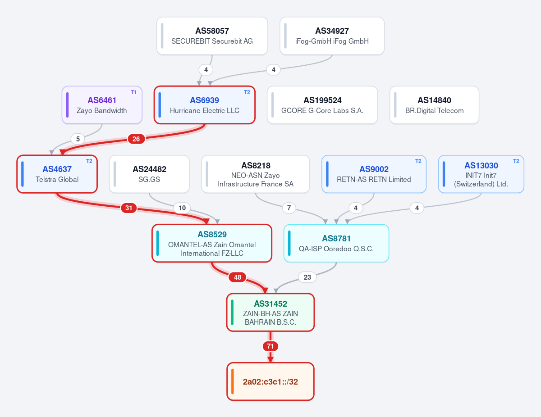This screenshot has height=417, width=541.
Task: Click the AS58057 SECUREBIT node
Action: coord(212,36)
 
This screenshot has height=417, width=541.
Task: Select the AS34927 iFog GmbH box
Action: coord(332,36)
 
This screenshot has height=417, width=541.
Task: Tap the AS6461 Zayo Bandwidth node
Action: coord(102,105)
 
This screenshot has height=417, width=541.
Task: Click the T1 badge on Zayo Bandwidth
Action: coord(134,92)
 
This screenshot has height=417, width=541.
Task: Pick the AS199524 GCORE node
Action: coord(322,105)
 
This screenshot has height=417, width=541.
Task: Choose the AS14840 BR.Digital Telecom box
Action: coord(435,105)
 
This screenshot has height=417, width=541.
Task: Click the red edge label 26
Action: coord(136,139)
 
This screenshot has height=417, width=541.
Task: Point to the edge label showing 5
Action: coord(78,139)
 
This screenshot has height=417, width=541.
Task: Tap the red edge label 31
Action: coord(129,208)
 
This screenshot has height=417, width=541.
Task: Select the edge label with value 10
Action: coord(182,208)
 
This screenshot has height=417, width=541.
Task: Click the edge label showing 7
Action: coord(289,208)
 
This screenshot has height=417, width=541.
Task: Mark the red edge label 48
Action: coord(238,277)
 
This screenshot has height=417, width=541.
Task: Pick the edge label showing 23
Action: coord(307,277)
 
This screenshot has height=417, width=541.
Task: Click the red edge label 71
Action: coord(270,346)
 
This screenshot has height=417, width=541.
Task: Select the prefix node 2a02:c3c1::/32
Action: coord(270,381)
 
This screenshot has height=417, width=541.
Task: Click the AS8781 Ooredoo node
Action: coord(336,243)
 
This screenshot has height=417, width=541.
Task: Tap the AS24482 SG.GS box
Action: coord(149,174)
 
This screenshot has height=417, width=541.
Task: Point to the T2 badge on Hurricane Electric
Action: coord(247,92)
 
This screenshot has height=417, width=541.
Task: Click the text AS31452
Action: coord(270,304)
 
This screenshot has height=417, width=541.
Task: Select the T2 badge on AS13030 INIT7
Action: coord(516,161)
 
